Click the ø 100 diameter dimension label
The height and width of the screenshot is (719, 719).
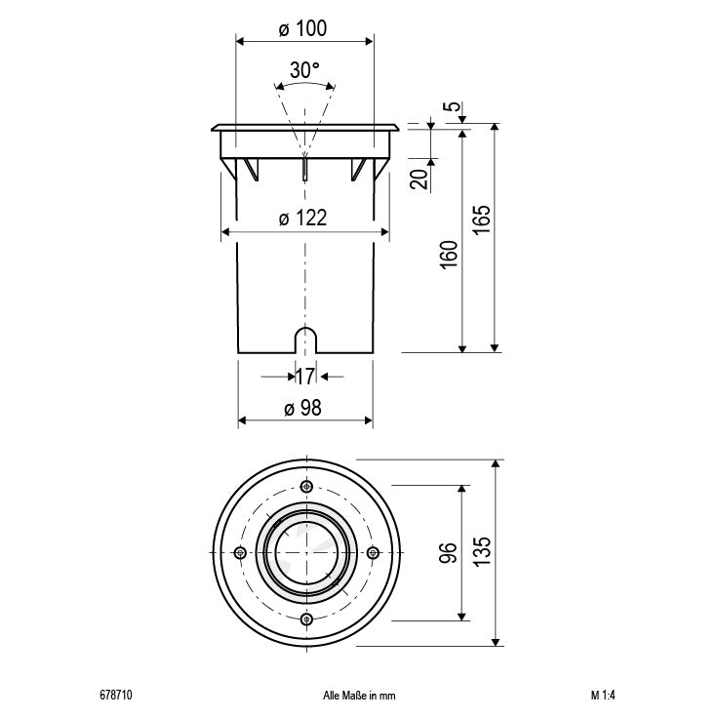click(302, 28)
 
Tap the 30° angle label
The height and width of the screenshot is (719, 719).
click(304, 70)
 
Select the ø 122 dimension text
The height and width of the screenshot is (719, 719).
click(302, 220)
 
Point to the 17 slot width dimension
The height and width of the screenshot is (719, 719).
click(304, 375)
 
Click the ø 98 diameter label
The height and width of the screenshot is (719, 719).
click(303, 409)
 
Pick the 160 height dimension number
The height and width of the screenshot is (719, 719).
click(449, 255)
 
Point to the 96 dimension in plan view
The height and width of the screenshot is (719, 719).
click(449, 553)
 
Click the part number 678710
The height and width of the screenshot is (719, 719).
click(115, 697)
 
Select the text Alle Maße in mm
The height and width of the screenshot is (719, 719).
click(358, 697)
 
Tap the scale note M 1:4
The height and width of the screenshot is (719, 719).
click(603, 697)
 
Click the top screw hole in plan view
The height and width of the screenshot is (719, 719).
click(306, 487)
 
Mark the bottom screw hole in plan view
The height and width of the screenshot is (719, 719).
click(306, 619)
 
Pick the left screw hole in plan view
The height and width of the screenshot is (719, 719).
click(240, 553)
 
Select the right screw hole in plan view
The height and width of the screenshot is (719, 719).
click(372, 553)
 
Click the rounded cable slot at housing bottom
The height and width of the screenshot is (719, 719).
click(305, 340)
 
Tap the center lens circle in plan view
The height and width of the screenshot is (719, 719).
click(306, 553)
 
